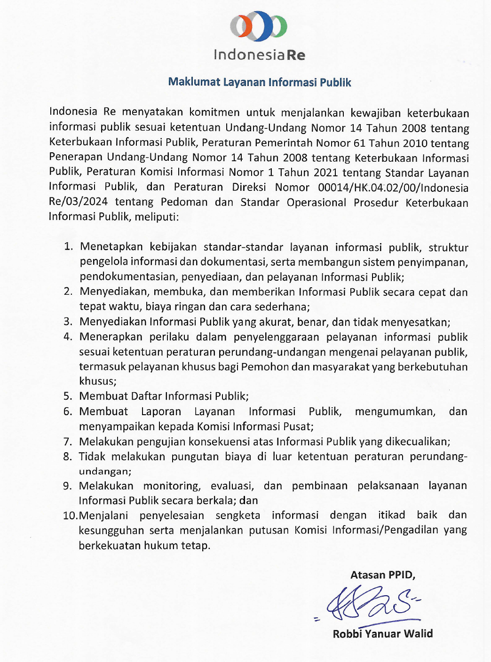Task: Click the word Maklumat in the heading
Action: [194, 82]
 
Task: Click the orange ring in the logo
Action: [241, 26]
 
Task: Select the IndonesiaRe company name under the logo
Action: [259, 55]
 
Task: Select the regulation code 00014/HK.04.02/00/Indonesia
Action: [393, 188]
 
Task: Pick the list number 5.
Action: [68, 396]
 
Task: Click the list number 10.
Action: [70, 516]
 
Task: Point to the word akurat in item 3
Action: [273, 322]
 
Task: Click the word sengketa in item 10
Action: [238, 515]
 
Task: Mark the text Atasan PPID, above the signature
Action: [382, 575]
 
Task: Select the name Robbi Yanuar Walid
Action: [382, 634]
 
